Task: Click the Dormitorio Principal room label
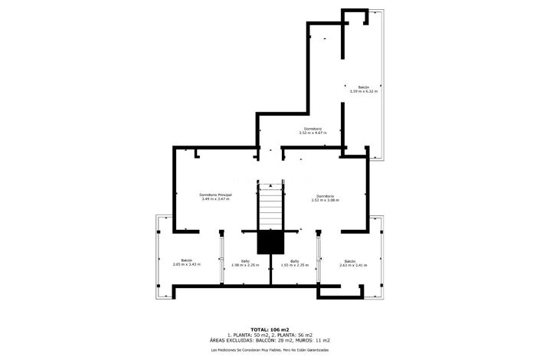pyautogui.click(x=215, y=195)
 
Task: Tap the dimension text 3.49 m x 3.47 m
pyautogui.click(x=215, y=199)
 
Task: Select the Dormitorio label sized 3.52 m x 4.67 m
pyautogui.click(x=313, y=128)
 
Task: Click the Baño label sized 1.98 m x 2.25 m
pyautogui.click(x=245, y=260)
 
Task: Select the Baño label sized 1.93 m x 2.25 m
pyautogui.click(x=294, y=260)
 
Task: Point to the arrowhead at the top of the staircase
pyautogui.click(x=270, y=185)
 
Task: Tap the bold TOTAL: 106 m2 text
pyautogui.click(x=270, y=329)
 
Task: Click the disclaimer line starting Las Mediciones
pyautogui.click(x=270, y=350)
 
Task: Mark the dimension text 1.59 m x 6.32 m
pyautogui.click(x=364, y=91)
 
